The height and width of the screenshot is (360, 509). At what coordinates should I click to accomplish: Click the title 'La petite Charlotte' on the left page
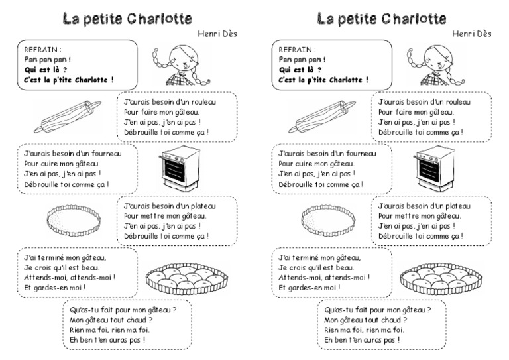tap(127, 17)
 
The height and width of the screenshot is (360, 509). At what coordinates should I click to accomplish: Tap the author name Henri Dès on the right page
tap(473, 34)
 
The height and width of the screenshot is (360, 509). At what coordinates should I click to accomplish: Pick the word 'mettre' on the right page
tap(408, 215)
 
